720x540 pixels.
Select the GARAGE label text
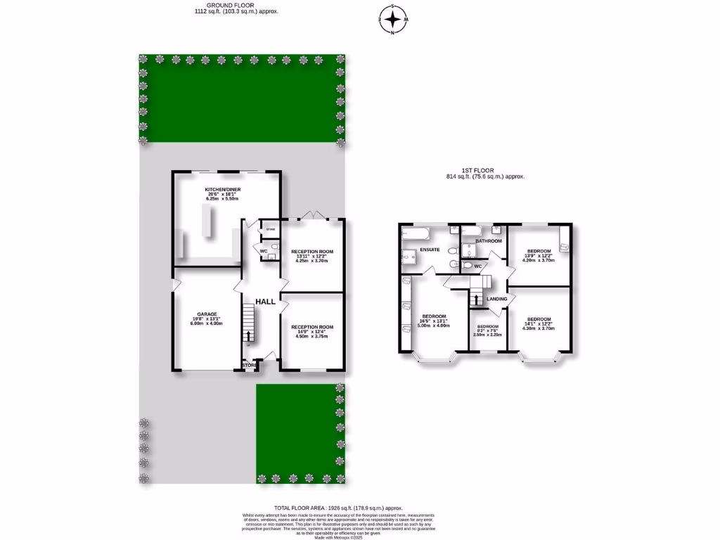(207, 314)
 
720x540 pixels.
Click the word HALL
(265, 301)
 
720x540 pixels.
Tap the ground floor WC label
(264, 250)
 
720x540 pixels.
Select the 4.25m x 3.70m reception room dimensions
(313, 262)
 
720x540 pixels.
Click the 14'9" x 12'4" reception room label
(313, 332)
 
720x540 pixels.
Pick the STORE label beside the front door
(249, 366)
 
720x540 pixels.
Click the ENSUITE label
(430, 249)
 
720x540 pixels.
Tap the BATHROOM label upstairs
(488, 241)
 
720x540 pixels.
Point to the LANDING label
(496, 299)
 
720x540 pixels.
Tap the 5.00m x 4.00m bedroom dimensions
(434, 325)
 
